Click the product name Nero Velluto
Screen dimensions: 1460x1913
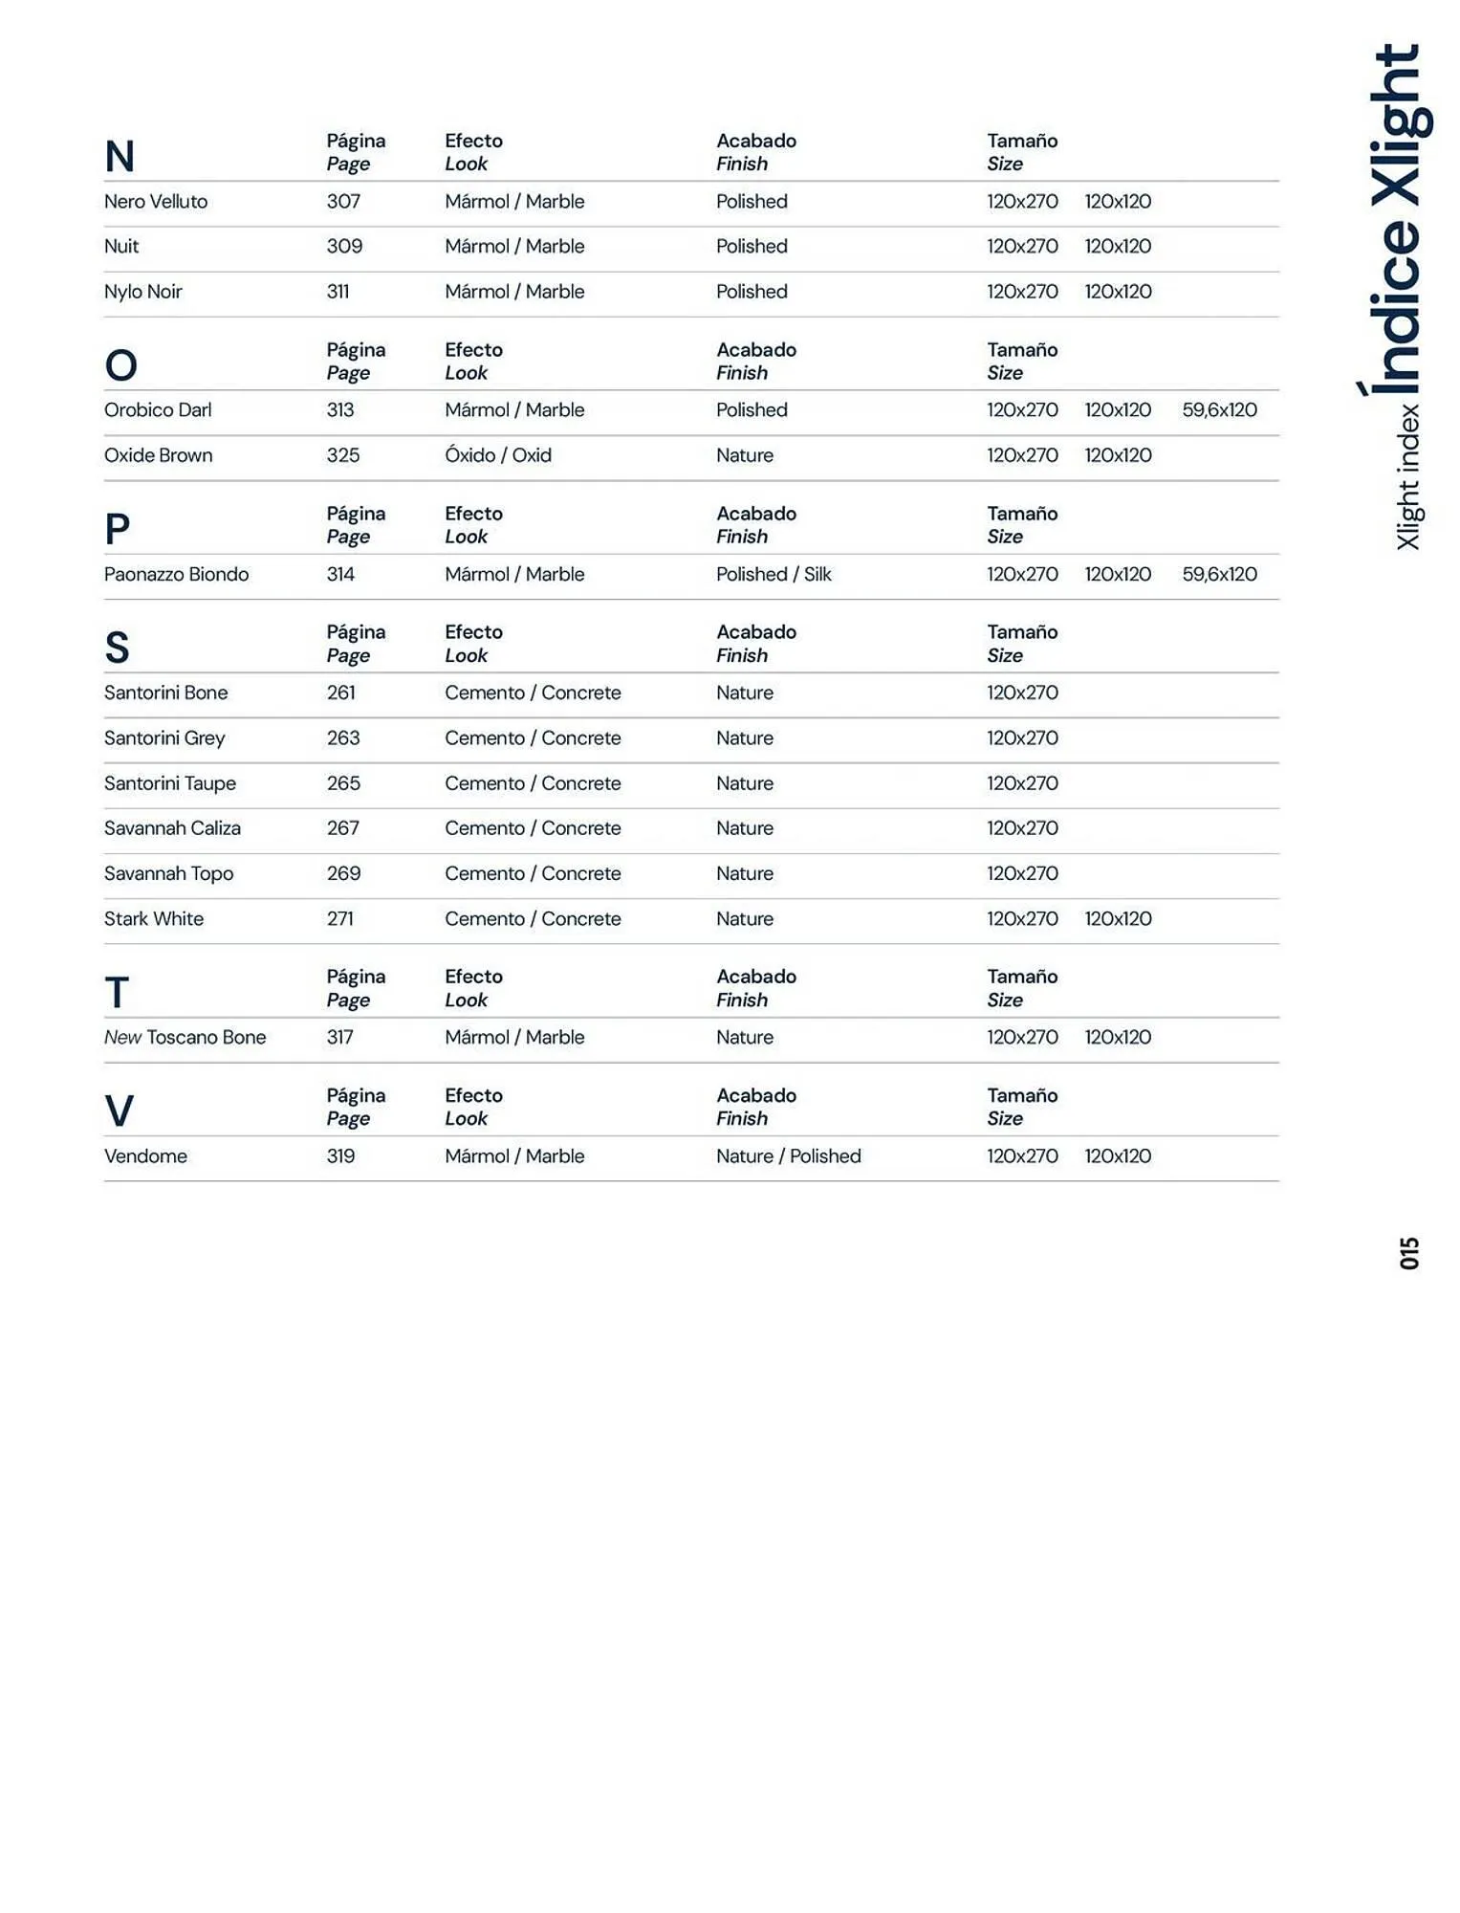click(x=156, y=202)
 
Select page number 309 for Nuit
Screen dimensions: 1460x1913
click(x=344, y=247)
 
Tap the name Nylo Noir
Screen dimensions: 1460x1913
click(x=142, y=292)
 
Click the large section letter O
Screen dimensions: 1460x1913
click(x=121, y=365)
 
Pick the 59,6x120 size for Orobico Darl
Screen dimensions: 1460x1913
click(x=1219, y=410)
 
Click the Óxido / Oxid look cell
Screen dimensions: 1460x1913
click(x=498, y=455)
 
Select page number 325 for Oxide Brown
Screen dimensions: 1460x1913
click(x=343, y=455)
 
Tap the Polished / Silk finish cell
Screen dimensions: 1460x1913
click(x=774, y=575)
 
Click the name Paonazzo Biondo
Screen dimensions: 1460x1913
click(x=176, y=575)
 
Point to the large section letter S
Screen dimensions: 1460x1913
click(x=117, y=649)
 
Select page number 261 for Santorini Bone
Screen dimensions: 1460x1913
click(x=340, y=693)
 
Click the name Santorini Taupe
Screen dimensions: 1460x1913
click(x=170, y=783)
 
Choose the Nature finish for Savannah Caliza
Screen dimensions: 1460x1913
click(x=745, y=828)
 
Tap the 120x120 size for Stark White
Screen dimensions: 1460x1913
click(x=1118, y=919)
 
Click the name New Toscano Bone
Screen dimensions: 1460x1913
click(x=185, y=1038)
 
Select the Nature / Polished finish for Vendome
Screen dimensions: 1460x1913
click(x=789, y=1156)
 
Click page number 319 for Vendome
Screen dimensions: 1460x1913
click(x=340, y=1156)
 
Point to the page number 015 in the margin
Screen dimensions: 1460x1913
click(x=1409, y=1253)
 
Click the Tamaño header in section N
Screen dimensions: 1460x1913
click(x=1022, y=142)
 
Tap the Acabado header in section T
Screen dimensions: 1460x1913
click(x=756, y=977)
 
